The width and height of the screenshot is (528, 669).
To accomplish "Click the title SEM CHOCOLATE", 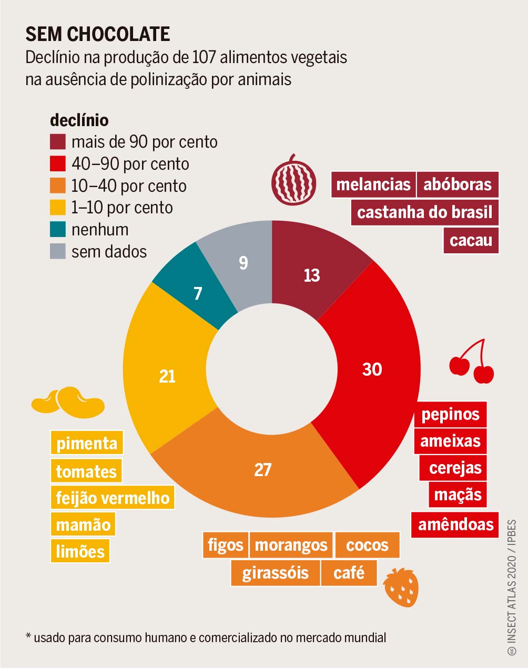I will [98, 34].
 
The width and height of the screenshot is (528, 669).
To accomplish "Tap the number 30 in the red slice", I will [372, 369].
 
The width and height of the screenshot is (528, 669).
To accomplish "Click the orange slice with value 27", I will [262, 469].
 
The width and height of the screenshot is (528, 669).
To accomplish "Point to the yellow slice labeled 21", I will [167, 376].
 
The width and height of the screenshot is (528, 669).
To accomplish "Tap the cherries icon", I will [472, 363].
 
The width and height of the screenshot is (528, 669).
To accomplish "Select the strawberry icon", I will [401, 587].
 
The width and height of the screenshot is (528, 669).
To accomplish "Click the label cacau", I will [471, 241].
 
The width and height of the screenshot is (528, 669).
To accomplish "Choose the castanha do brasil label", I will [424, 212].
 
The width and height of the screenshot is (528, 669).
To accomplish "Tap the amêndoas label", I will [455, 524].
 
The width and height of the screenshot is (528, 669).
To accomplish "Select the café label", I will [349, 573].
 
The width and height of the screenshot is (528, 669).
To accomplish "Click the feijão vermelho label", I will [113, 498].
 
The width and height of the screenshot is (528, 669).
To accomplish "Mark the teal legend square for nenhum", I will [58, 230].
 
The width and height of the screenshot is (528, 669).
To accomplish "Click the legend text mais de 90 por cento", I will [144, 142].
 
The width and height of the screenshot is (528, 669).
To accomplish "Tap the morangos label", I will [291, 545].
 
